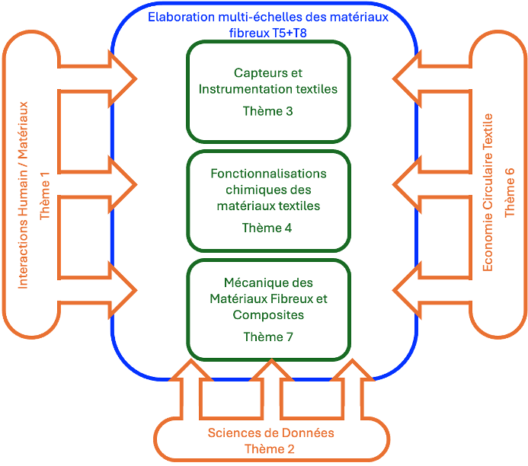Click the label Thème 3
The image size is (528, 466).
tap(267, 111)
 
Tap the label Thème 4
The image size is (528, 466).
tap(267, 228)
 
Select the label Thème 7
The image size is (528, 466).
tap(267, 336)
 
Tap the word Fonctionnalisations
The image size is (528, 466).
tap(268, 174)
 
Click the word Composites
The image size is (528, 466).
tap(268, 314)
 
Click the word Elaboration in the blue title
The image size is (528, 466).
tap(180, 17)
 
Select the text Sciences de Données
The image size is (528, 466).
tap(270, 433)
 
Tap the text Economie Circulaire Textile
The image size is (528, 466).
tap(488, 192)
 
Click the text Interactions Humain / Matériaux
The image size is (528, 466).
tap(24, 195)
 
